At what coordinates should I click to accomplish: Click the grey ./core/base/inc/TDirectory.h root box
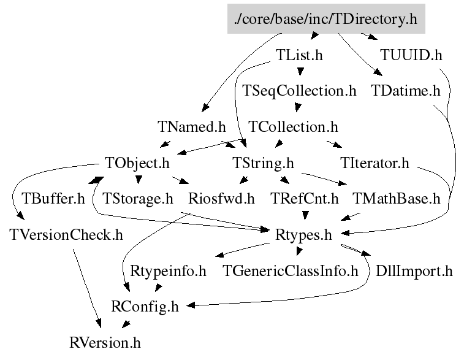point(325,19)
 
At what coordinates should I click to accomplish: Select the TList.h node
point(299,55)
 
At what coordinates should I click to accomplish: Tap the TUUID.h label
point(410,55)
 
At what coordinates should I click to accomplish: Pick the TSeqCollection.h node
point(299,91)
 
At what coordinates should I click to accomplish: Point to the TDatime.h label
point(406,91)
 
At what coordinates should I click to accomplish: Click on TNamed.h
point(191,127)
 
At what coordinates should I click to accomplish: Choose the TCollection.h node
point(293,127)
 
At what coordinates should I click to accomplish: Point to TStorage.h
point(138,199)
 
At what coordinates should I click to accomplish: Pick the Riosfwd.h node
point(221,199)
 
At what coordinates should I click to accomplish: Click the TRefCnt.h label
point(305,199)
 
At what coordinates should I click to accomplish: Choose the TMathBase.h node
point(397,199)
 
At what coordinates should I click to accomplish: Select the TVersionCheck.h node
point(66,235)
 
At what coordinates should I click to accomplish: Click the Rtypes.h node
point(303,235)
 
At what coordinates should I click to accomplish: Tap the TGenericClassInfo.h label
point(290,270)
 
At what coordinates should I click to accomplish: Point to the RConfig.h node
point(145,307)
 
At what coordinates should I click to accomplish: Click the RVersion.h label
point(105,342)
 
